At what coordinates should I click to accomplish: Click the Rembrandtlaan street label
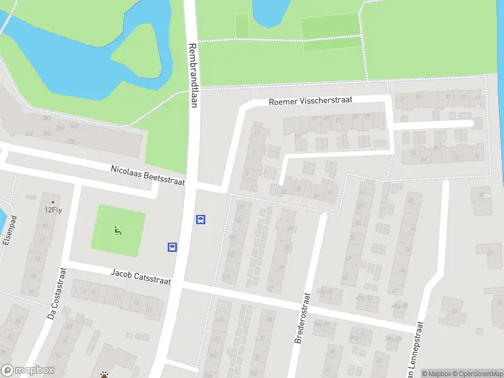(x=193, y=76)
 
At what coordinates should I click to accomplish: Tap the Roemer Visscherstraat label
(x=310, y=100)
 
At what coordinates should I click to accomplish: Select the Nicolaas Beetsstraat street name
(x=148, y=176)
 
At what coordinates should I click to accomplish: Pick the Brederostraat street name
(x=302, y=318)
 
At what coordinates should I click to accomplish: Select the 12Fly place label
(x=53, y=210)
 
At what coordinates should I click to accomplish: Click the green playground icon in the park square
(x=117, y=231)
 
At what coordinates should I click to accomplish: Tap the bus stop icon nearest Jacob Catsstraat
(x=172, y=247)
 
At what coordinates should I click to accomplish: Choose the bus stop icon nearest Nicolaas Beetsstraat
(x=201, y=220)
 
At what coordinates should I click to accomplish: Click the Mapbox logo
(x=28, y=370)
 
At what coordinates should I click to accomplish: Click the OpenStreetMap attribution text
(x=476, y=374)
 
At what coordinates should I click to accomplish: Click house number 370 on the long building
(x=71, y=142)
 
